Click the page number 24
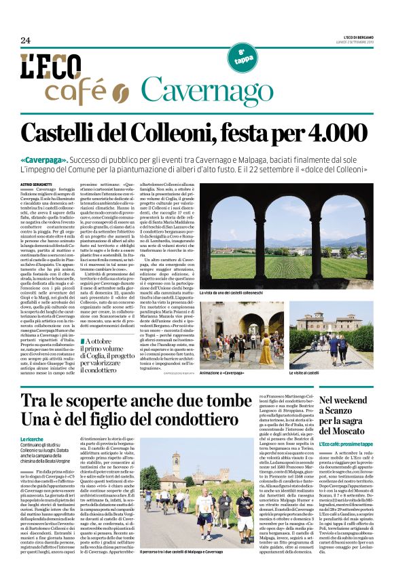pyautogui.click(x=25, y=41)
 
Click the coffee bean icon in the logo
pyautogui.click(x=119, y=92)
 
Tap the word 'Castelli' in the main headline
pyautogui.click(x=74, y=132)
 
